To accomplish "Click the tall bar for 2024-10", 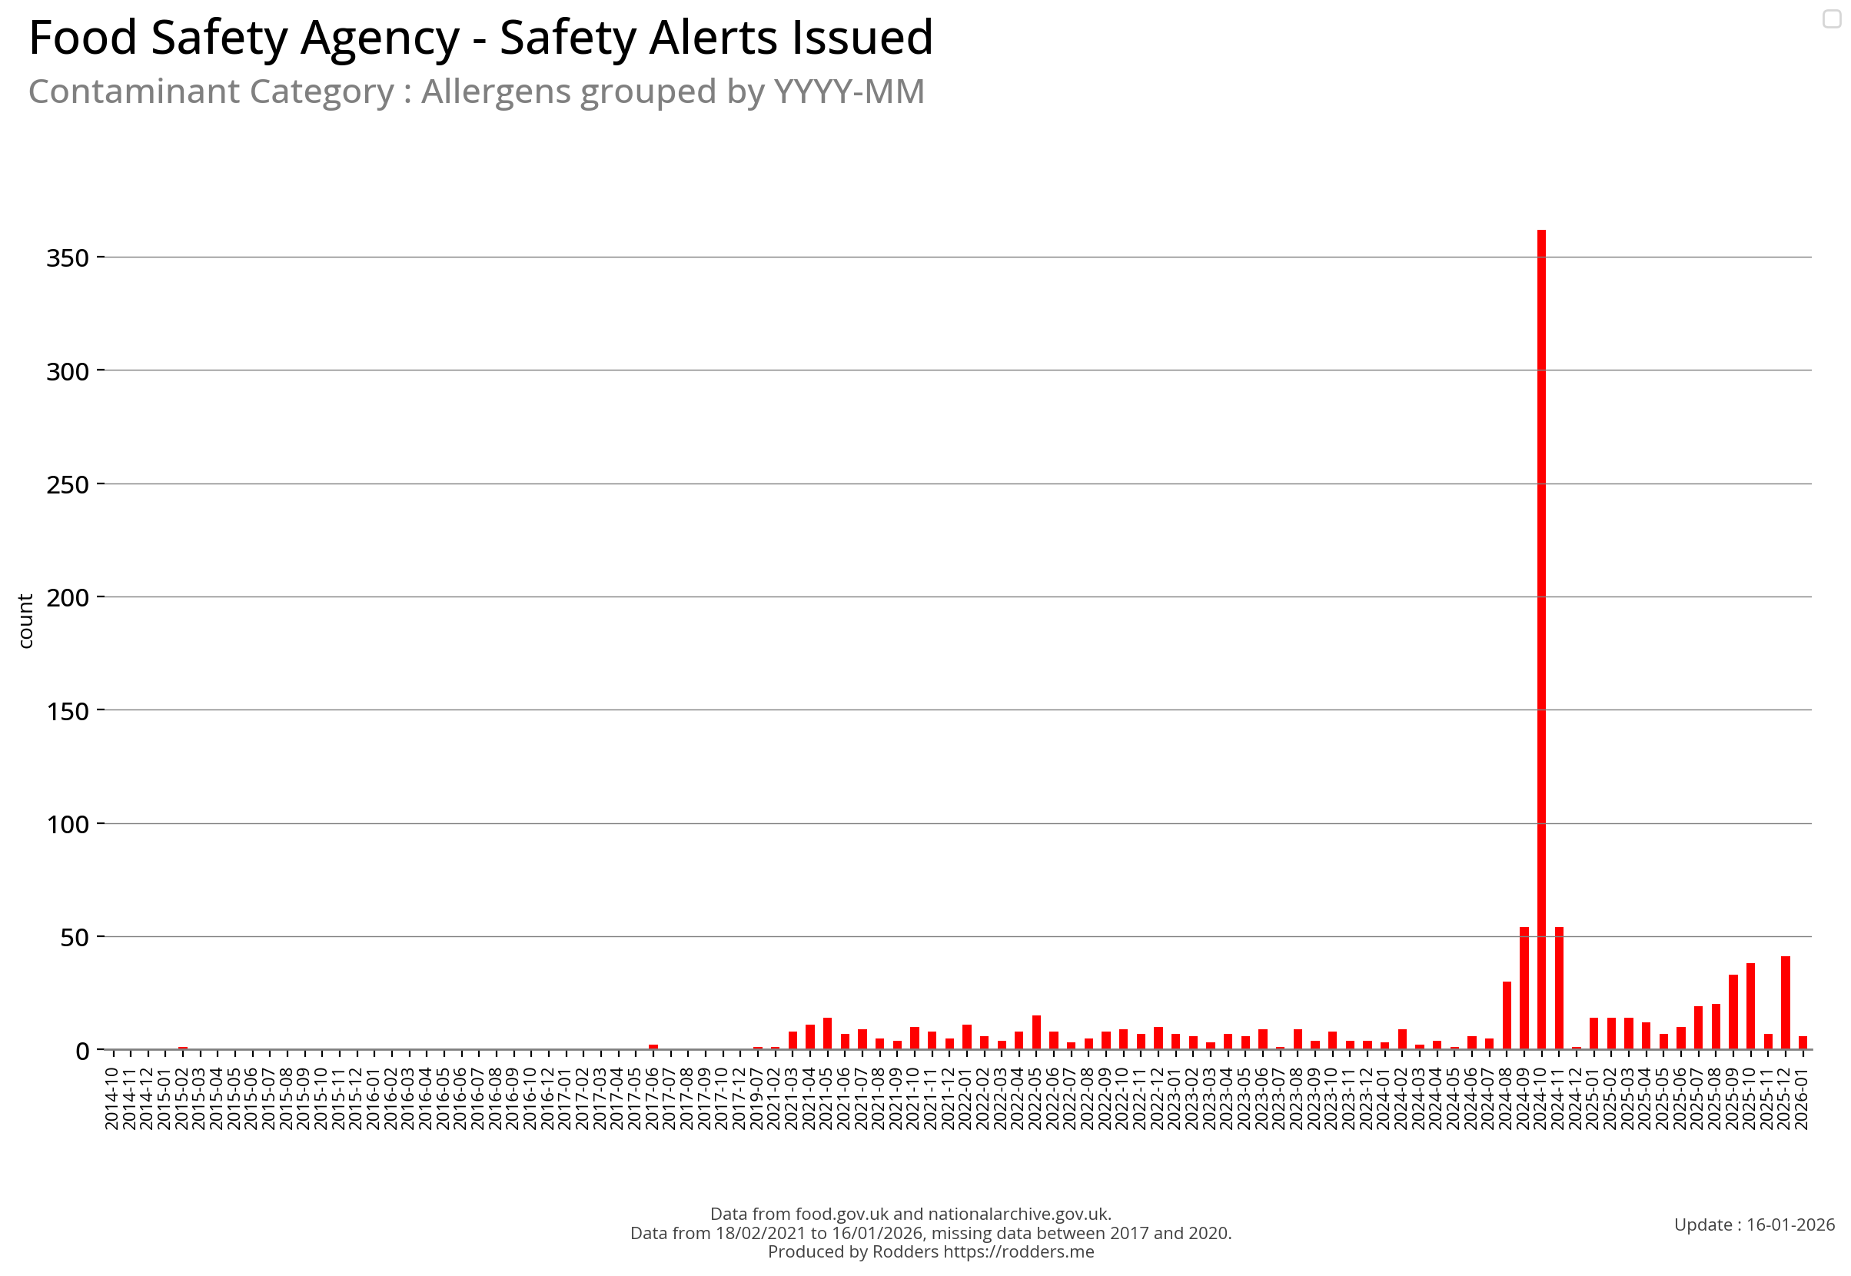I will pyautogui.click(x=1540, y=640).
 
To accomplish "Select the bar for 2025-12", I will pyautogui.click(x=1786, y=1002).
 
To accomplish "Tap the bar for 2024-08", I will pyautogui.click(x=1507, y=1015).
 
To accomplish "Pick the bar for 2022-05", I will pyautogui.click(x=1036, y=1032).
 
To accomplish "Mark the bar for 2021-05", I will pyautogui.click(x=828, y=1033).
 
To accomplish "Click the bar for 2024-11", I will pyautogui.click(x=1559, y=989).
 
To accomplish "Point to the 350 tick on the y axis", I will pyautogui.click(x=68, y=258).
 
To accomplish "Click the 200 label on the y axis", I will pyautogui.click(x=68, y=598).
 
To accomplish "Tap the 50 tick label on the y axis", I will pyautogui.click(x=75, y=938).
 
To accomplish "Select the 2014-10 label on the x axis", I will pyautogui.click(x=112, y=1098).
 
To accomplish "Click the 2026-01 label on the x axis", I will pyautogui.click(x=1802, y=1098).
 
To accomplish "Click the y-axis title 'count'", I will pyautogui.click(x=25, y=621).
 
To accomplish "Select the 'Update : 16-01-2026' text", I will pyautogui.click(x=1754, y=1224).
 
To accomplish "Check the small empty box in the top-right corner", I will pyautogui.click(x=1832, y=18).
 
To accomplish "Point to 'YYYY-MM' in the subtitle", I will pyautogui.click(x=849, y=92).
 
